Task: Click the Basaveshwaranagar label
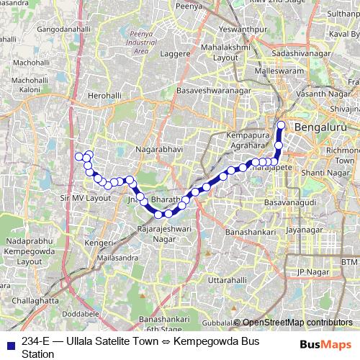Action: pos(210,91)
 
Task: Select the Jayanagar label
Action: pos(303,230)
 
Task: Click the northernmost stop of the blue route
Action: pos(281,126)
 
